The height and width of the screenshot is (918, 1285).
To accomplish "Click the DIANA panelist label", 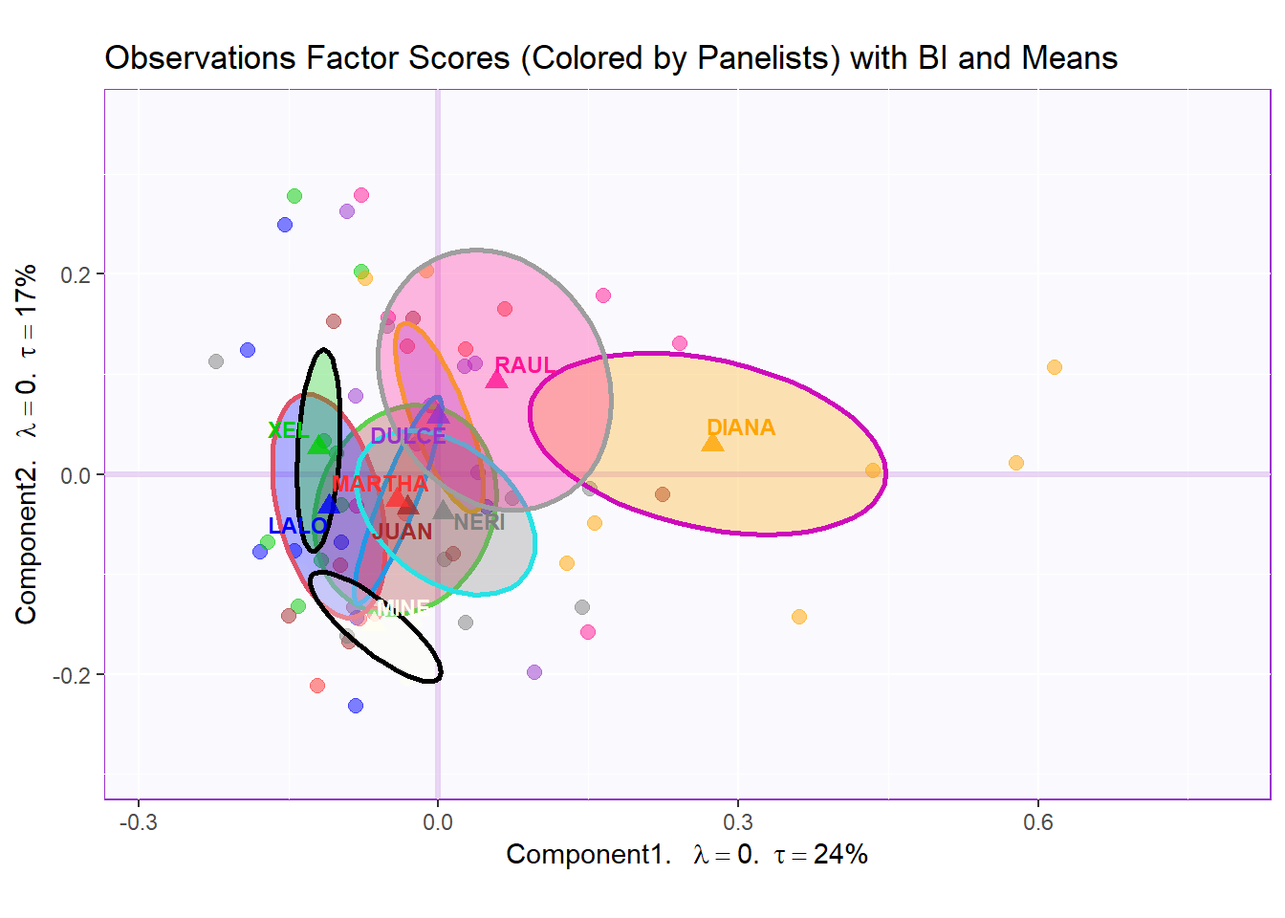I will (x=741, y=427).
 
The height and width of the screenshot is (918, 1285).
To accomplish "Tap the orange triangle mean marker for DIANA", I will (x=712, y=442).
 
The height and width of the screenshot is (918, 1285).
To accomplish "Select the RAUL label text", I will (x=524, y=365).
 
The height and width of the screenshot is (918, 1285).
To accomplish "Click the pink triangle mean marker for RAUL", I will (x=496, y=380).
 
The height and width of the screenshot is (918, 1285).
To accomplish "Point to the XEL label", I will (x=288, y=430).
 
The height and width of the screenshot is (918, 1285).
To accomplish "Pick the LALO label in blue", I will (x=297, y=526).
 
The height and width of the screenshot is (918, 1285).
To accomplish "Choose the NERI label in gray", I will (x=479, y=522).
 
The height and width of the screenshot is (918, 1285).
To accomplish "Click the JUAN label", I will (x=403, y=532).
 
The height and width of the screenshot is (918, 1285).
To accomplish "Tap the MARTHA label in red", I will (x=380, y=484).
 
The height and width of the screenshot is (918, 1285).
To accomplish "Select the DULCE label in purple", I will (x=408, y=436).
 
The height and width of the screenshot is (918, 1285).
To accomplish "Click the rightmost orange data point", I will (x=1055, y=367).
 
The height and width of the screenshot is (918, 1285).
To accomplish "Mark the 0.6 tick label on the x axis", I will (x=1038, y=822).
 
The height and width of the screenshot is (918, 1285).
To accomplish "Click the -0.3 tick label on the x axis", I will (x=138, y=822).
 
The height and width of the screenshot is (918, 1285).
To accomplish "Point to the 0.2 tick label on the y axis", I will (x=75, y=274).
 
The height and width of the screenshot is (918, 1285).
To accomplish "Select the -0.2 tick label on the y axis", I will (x=72, y=675).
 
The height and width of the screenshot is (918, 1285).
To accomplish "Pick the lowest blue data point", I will (x=356, y=706).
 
